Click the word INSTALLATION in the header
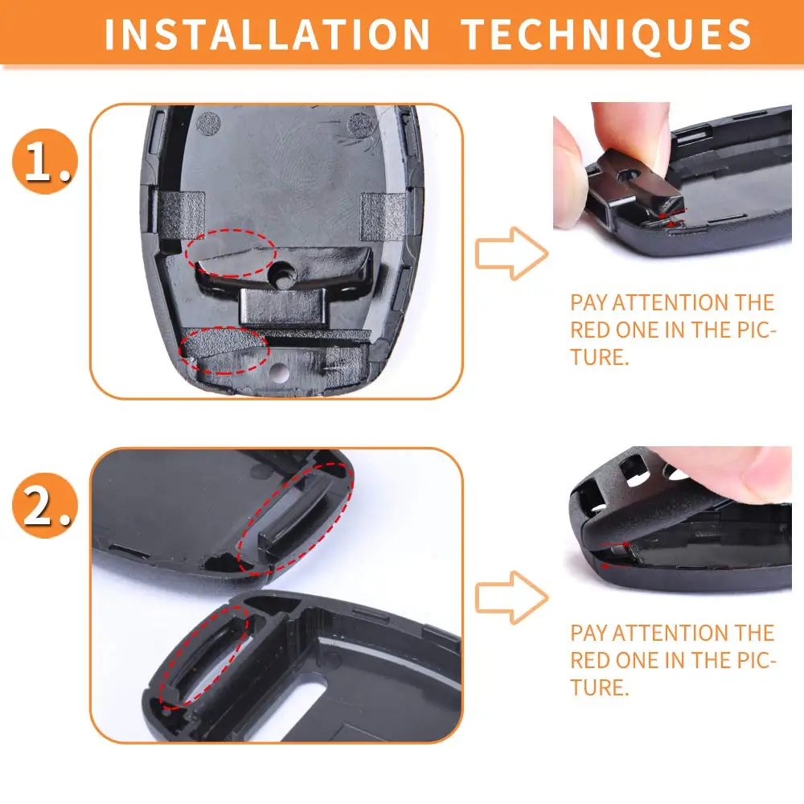pos(267,35)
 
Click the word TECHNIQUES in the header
pos(606,35)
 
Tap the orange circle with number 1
pos(44,161)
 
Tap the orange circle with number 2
pos(44,505)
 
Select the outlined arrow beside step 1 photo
pos(511,253)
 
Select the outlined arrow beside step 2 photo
pos(511,597)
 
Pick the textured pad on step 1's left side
pos(180,215)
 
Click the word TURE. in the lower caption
pos(600,687)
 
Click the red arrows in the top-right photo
pos(671,217)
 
